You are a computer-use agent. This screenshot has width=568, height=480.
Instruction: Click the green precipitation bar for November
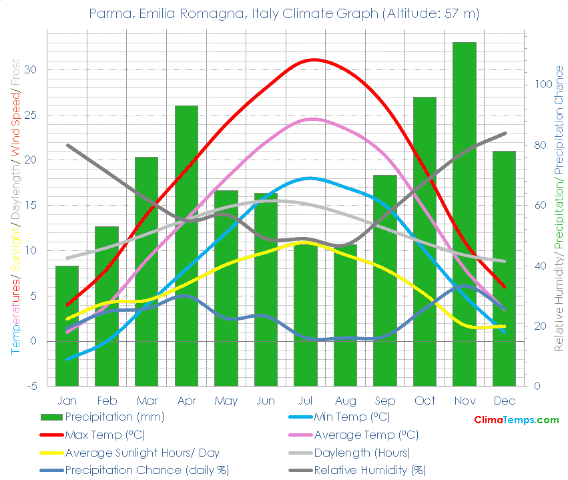point(465,214)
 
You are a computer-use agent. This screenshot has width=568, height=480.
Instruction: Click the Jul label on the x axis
point(306,401)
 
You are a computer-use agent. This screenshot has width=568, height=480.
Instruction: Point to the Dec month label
point(504,401)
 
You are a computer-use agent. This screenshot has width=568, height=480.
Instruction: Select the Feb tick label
point(107,401)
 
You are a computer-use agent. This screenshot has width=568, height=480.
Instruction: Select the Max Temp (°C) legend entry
point(107,435)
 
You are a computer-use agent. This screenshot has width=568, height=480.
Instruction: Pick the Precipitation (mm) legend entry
point(114,417)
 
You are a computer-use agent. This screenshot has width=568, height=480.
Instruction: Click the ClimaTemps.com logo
point(516,420)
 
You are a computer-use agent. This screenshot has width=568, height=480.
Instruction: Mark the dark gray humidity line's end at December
point(505,133)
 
